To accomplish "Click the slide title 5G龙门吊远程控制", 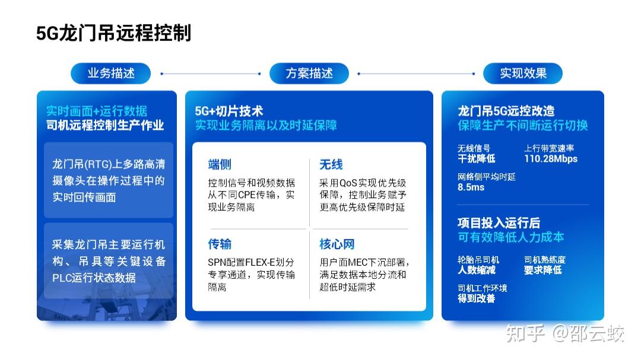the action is tap(113, 33).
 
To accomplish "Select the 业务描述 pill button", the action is tap(111, 74).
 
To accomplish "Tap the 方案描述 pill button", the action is tap(309, 74).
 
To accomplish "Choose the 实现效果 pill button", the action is tap(523, 74).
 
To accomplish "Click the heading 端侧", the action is tap(220, 165).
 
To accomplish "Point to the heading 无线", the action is tap(331, 165).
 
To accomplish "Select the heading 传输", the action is tap(220, 244).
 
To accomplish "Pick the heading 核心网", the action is tap(337, 244).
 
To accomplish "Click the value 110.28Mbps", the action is tap(551, 159).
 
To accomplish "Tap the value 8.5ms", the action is tap(471, 187).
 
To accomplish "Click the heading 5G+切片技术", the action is tap(229, 111).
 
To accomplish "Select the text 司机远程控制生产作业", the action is tap(105, 125).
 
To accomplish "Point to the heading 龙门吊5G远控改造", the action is tap(506, 111).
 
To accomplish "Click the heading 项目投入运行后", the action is tap(499, 222).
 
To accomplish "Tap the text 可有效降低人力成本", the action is tap(510, 237).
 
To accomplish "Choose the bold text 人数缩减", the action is tap(477, 270).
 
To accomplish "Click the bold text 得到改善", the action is tap(477, 299).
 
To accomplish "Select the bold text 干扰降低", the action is tap(477, 158).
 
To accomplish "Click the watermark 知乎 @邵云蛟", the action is tap(565, 333).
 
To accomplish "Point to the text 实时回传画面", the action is tap(84, 197).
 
